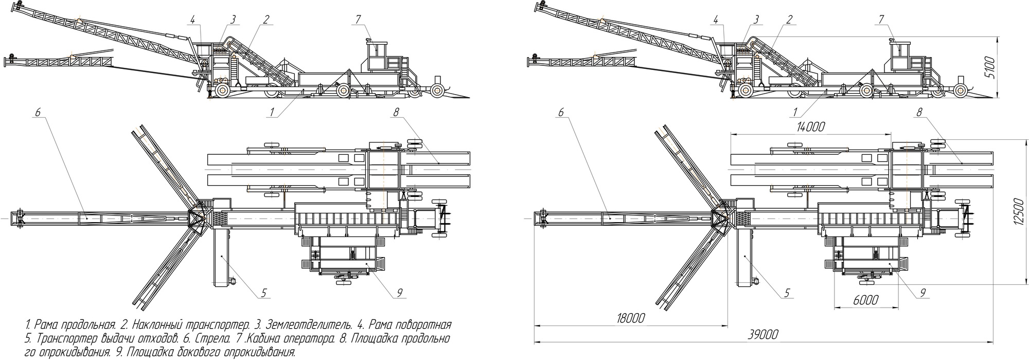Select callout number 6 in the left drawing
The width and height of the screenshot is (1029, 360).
(38, 111)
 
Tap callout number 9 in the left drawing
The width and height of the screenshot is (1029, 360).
(399, 293)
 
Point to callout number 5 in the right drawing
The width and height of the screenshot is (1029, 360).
(787, 293)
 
